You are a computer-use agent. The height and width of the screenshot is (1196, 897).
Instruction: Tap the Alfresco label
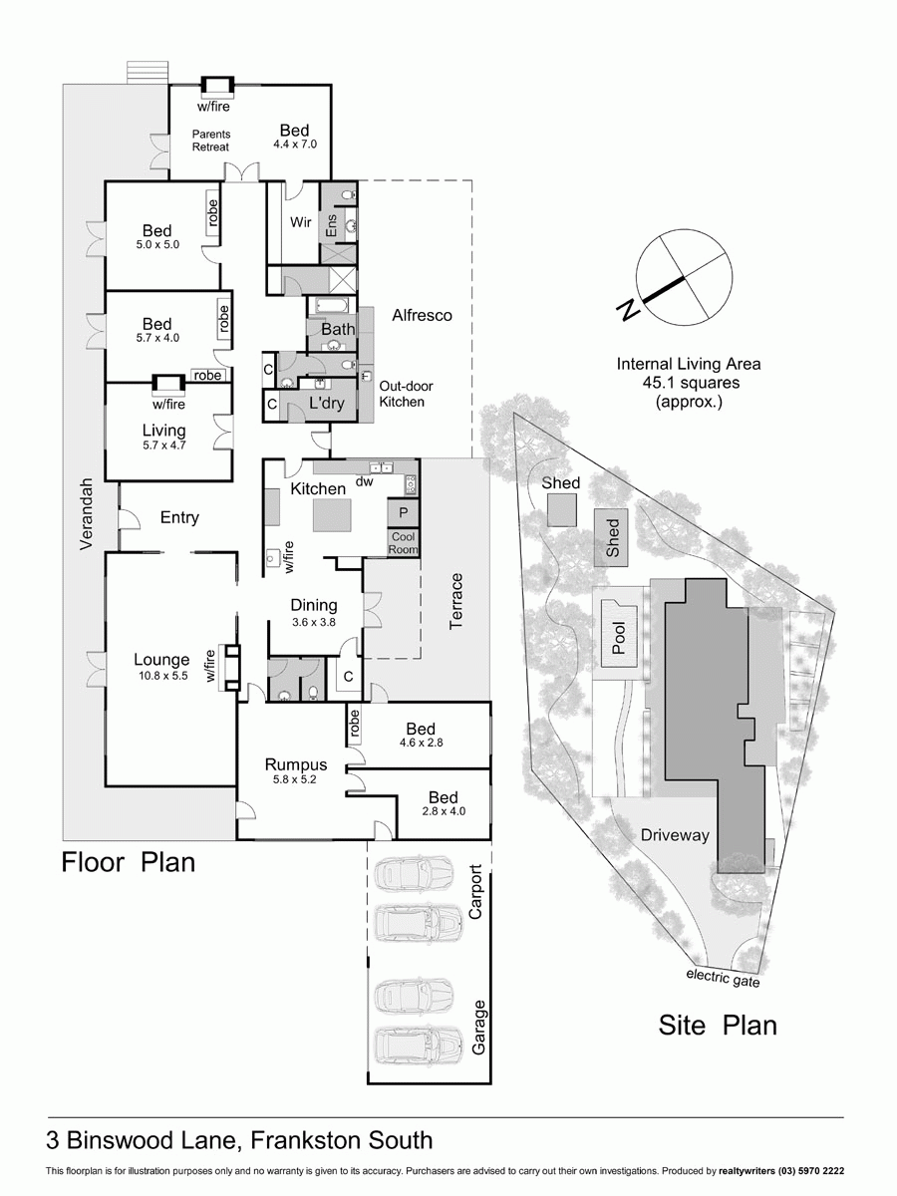pyautogui.click(x=422, y=315)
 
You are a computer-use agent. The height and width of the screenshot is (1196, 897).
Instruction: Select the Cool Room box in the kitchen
pyautogui.click(x=403, y=543)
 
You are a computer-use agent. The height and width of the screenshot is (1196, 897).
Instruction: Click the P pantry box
pyautogui.click(x=403, y=512)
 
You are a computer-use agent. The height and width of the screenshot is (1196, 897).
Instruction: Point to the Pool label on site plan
pyautogui.click(x=619, y=637)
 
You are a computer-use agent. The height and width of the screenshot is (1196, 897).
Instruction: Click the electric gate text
pyautogui.click(x=723, y=979)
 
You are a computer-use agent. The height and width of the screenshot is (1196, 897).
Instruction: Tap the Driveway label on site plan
pyautogui.click(x=675, y=835)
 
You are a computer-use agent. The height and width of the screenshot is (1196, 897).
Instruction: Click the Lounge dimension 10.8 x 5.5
pyautogui.click(x=161, y=676)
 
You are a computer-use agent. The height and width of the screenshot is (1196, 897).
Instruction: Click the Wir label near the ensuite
pyautogui.click(x=301, y=221)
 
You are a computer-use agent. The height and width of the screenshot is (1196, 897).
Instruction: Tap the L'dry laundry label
pyautogui.click(x=326, y=404)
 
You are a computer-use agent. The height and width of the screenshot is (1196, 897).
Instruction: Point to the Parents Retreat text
pyautogui.click(x=210, y=141)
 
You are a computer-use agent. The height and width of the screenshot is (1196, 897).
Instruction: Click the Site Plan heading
pyautogui.click(x=717, y=1025)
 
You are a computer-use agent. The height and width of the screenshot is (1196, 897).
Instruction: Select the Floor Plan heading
pyautogui.click(x=129, y=861)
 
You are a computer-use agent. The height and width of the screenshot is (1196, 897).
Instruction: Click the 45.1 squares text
pyautogui.click(x=689, y=383)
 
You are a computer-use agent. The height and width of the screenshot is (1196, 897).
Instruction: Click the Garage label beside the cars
pyautogui.click(x=478, y=1028)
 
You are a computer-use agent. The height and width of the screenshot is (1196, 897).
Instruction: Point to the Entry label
pyautogui.click(x=179, y=517)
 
